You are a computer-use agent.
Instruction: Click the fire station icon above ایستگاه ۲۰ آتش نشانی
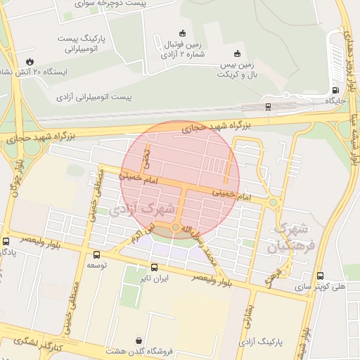click(30, 60)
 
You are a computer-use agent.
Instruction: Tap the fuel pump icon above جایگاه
click(335, 90)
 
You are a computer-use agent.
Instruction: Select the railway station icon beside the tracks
click(268, 107)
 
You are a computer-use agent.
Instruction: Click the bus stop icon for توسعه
click(96, 255)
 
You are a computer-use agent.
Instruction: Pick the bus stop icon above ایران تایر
click(154, 266)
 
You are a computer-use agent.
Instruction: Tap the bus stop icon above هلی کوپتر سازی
click(321, 276)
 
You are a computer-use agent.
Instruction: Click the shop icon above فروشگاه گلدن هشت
click(138, 339)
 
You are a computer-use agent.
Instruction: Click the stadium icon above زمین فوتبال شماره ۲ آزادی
click(183, 32)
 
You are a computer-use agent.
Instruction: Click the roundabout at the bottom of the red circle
click(175, 227)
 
